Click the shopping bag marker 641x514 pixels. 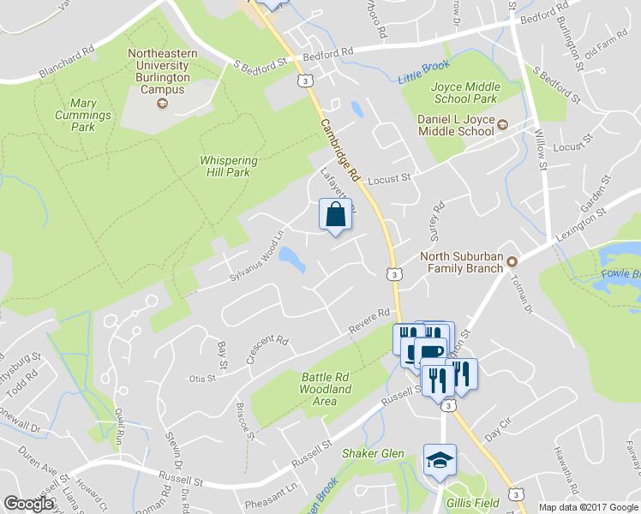point(335,214)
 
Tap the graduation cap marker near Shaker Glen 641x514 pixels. point(440,461)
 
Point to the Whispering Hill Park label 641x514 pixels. point(237,165)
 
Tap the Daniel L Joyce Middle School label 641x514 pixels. point(456,125)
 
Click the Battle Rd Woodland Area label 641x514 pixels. point(326,382)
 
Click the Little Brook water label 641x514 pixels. point(423,76)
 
